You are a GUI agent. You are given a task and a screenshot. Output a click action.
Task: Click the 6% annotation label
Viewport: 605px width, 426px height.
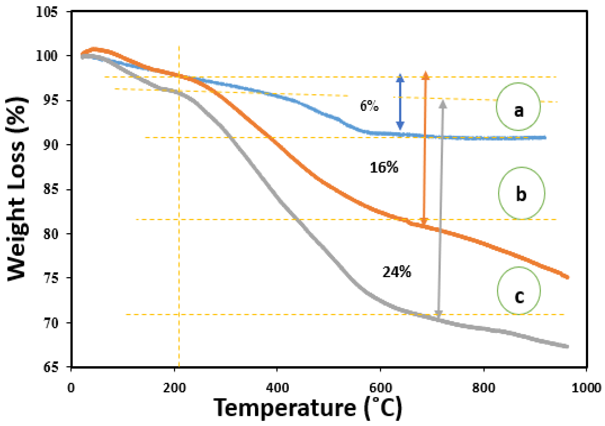coord(369,106)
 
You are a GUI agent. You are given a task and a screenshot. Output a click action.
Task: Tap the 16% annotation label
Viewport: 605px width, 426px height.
coord(384,168)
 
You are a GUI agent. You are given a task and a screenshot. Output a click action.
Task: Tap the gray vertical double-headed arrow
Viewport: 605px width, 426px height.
coord(441,208)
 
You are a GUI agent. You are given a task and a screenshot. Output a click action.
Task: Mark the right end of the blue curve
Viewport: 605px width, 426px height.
coord(545,138)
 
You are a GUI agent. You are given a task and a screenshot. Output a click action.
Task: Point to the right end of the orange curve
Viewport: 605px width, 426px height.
coord(568,277)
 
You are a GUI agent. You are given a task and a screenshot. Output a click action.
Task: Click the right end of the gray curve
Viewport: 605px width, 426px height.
coord(568,346)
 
